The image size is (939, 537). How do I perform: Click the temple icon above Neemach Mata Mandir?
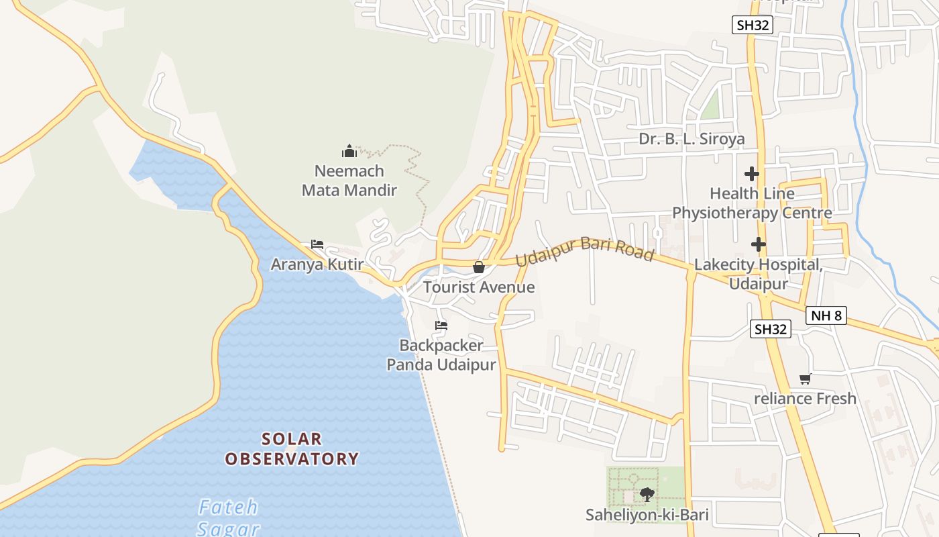point(349,151)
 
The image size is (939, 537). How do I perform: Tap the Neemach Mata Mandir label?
point(349,181)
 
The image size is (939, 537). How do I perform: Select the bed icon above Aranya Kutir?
point(317,244)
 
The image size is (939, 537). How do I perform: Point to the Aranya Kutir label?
point(317,264)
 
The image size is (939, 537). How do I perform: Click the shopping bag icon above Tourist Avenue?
point(479,267)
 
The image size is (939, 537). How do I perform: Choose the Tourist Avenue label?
point(479,287)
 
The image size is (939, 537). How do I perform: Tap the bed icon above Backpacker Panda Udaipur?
point(441,326)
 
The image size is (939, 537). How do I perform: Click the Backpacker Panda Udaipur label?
point(441,355)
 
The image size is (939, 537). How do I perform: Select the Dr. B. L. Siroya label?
point(692,139)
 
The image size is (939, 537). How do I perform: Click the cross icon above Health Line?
point(752,174)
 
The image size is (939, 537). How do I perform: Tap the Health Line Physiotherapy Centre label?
point(752,203)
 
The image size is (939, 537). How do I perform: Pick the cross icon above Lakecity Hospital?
point(759,244)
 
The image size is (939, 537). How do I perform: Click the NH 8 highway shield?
point(826,315)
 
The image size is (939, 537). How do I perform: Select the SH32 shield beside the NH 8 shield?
point(770,329)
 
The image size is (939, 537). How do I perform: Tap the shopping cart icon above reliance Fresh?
point(805,379)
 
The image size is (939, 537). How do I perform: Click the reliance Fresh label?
point(805,399)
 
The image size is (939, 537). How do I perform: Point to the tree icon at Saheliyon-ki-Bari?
point(647,495)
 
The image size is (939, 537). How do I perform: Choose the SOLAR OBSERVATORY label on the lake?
point(292,449)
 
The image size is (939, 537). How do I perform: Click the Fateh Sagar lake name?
point(229,518)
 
